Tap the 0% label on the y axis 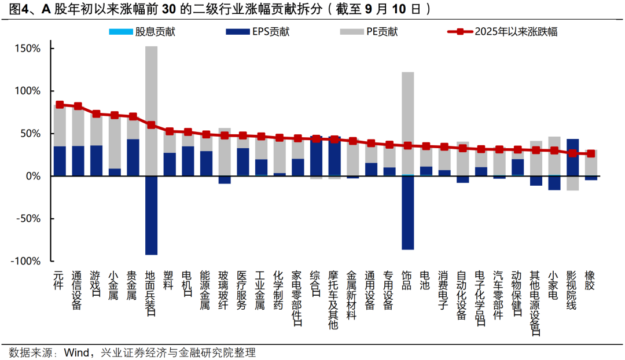pos(34,177)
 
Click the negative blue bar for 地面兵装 pos(151,215)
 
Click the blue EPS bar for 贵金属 pos(133,157)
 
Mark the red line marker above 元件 pos(60,105)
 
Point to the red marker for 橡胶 pos(590,153)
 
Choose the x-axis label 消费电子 pos(444,289)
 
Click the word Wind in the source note pos(75,352)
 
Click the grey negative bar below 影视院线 pos(572,183)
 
